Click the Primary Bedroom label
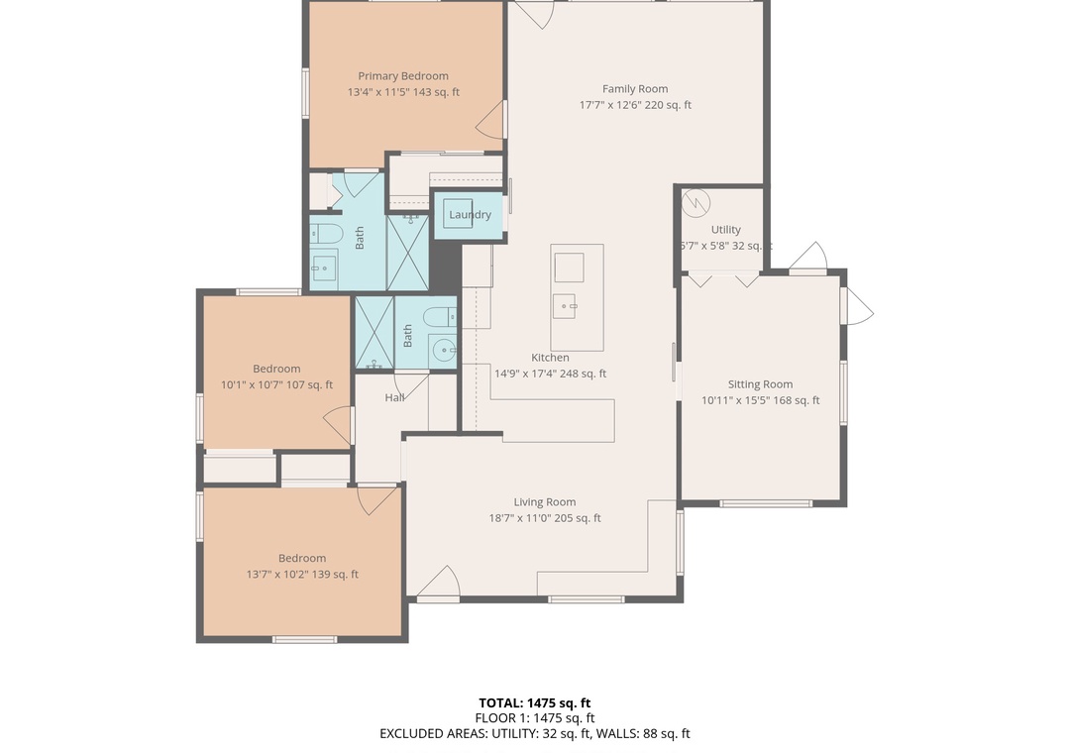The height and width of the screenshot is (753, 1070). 403,75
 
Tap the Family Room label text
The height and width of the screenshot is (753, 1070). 635,89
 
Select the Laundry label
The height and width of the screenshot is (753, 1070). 471,215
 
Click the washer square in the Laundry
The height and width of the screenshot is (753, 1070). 458,214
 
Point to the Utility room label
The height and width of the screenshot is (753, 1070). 725,230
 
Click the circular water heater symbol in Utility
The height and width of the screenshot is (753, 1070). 696,203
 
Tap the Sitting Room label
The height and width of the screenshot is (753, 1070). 760,384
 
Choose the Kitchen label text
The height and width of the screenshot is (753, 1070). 550,358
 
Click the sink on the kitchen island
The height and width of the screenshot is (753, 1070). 566,306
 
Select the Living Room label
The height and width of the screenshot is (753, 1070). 545,502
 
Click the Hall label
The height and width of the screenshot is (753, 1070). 394,397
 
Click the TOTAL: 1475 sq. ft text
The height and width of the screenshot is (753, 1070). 534,703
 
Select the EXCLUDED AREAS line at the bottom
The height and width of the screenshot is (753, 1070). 534,734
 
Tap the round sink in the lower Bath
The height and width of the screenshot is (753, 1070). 444,351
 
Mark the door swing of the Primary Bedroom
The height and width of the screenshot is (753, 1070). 490,119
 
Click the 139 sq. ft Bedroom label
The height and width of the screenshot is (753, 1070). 302,559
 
